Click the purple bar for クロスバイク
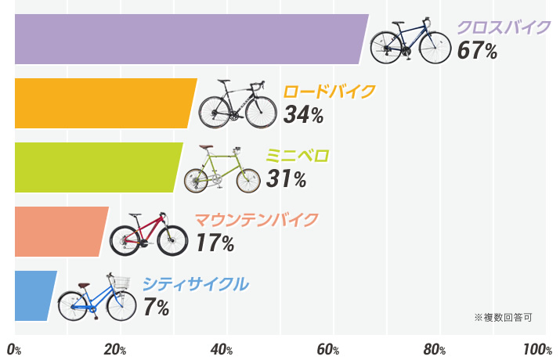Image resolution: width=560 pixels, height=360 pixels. coord(188,39)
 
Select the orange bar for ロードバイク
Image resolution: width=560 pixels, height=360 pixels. coord(102,103)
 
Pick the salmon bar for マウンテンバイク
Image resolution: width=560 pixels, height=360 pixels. coord(59,232)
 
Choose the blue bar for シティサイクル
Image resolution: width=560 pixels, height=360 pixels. coord(33,296)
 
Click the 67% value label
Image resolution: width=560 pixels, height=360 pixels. coord(478,52)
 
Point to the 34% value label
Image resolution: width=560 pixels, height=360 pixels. coord(304,115)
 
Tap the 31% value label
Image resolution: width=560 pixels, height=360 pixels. coord(286,179)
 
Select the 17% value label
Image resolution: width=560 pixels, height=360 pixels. coord(215,243)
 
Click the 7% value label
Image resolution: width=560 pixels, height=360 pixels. coord(156,308)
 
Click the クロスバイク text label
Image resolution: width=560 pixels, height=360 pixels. coord(504,28)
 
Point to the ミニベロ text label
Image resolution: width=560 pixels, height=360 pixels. coord(298,156)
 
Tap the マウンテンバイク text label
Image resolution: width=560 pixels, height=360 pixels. coord(256,219)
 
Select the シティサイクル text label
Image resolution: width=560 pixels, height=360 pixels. coord(195,283)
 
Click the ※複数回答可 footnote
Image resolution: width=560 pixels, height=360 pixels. coord(503,318)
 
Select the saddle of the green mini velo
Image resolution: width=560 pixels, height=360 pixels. coord(206,148)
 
